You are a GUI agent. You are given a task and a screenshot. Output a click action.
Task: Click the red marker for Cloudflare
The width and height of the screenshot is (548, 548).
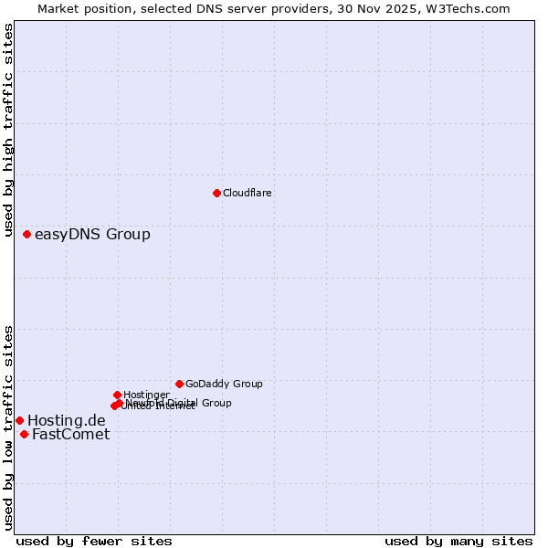click(x=216, y=193)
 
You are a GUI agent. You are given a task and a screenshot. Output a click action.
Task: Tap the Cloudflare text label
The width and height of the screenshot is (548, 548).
click(x=247, y=193)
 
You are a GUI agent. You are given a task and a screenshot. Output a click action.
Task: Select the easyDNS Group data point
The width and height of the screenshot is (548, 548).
click(x=26, y=235)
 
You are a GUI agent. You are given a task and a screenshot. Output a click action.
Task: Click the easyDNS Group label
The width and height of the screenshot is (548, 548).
click(x=92, y=235)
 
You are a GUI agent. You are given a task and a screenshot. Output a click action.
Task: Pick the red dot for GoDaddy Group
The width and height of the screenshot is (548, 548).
click(x=179, y=384)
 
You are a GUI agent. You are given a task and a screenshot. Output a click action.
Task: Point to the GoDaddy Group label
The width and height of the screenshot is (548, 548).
click(x=224, y=384)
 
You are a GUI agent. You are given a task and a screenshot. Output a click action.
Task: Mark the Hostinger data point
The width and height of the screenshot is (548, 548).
click(x=117, y=395)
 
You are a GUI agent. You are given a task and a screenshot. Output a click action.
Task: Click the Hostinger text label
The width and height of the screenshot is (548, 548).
click(x=146, y=395)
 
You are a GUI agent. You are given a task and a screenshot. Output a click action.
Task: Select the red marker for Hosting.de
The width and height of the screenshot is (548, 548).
click(x=19, y=420)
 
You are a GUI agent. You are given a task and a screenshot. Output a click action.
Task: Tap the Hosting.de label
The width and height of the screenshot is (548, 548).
click(x=67, y=420)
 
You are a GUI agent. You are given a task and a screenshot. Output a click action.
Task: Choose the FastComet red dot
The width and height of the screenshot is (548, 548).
click(x=24, y=434)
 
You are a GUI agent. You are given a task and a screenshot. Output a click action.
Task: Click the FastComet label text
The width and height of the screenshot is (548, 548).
click(x=70, y=434)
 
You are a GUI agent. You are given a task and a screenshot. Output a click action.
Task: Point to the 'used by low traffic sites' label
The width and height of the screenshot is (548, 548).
click(x=9, y=427)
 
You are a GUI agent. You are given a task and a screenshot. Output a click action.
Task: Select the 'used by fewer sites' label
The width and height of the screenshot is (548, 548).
click(x=94, y=541)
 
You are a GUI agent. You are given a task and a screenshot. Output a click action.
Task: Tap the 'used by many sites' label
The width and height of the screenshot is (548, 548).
click(x=458, y=541)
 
